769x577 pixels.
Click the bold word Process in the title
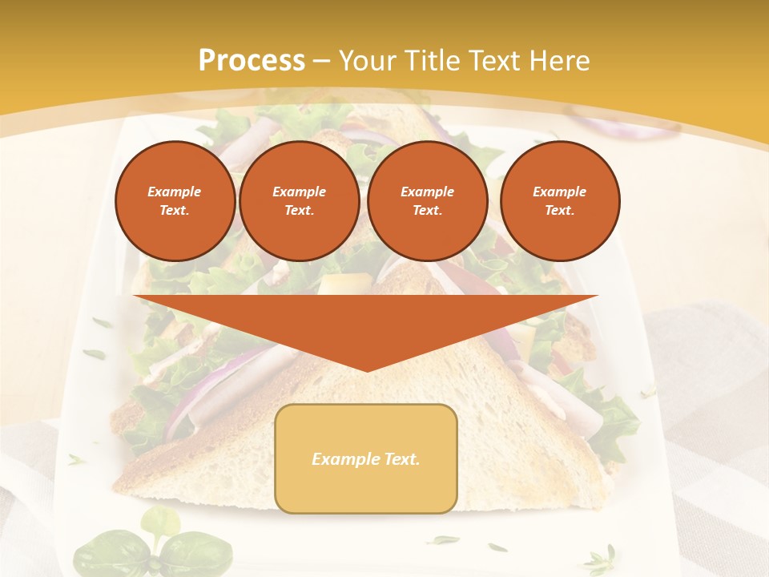[252, 61]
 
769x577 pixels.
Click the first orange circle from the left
[175, 200]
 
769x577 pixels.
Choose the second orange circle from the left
[300, 200]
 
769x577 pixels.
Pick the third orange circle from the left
[428, 200]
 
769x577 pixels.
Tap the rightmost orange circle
[560, 200]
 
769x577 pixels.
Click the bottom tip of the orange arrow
[367, 369]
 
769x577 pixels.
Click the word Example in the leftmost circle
[175, 192]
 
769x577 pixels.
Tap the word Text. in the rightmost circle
[560, 210]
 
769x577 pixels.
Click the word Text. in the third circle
[428, 210]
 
